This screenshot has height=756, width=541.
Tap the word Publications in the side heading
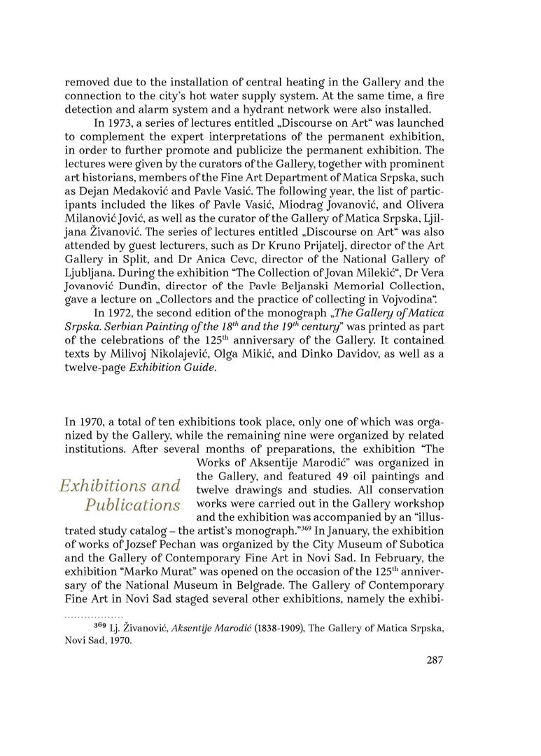pos(132,505)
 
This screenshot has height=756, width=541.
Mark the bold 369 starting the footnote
pos(101,626)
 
